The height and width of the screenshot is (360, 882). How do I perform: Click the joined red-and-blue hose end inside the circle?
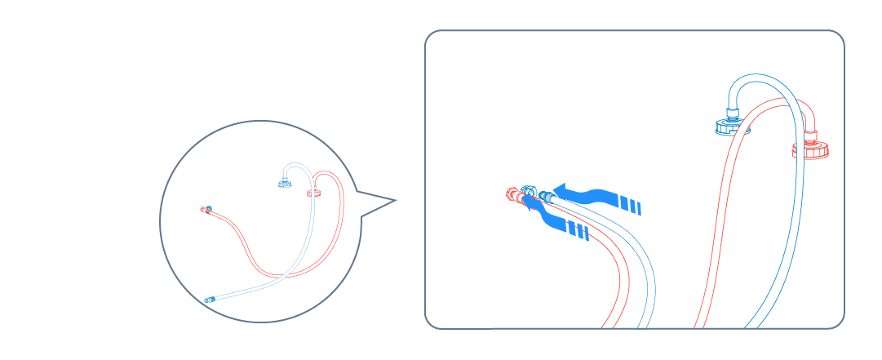(x=206, y=210)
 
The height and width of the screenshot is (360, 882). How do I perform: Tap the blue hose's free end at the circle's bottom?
(x=210, y=300)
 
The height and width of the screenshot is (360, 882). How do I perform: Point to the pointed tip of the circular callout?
(x=396, y=200)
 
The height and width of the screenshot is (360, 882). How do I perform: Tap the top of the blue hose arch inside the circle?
(x=299, y=165)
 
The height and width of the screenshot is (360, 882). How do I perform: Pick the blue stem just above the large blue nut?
(x=731, y=109)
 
